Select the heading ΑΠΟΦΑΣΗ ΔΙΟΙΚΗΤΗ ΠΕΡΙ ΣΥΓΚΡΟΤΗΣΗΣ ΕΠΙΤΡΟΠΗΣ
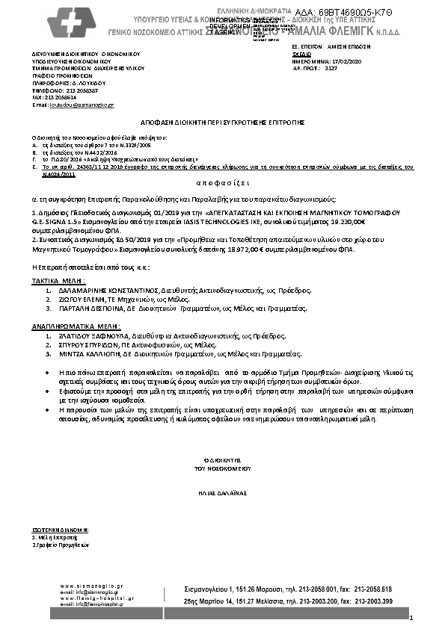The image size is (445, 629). coord(223,121)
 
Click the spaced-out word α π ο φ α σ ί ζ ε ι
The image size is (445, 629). coord(223,182)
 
